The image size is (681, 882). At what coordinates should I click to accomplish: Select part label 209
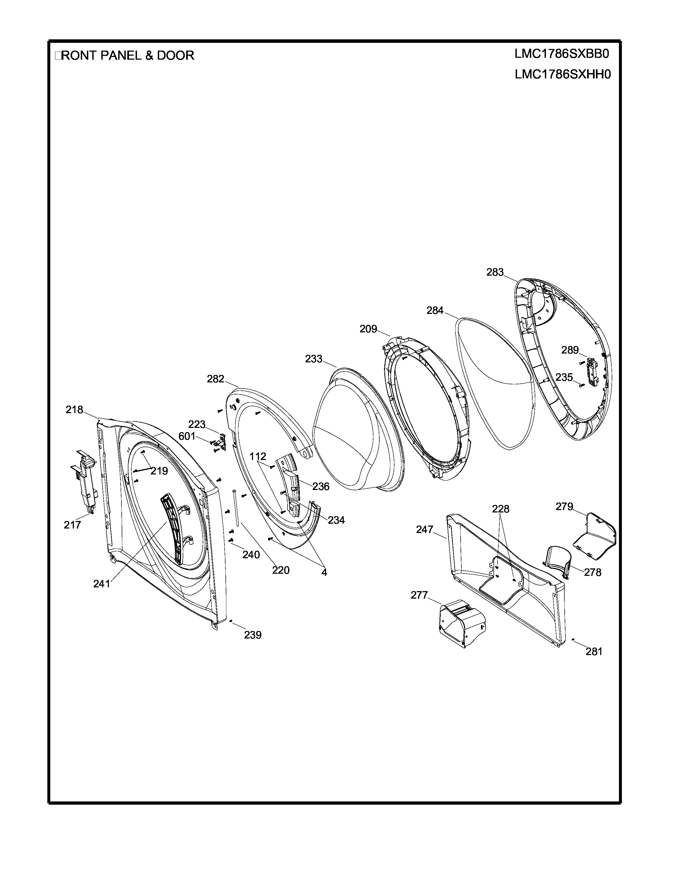click(368, 329)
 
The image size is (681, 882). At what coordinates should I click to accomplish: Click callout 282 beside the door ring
click(216, 379)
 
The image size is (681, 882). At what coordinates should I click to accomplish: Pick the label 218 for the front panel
click(74, 410)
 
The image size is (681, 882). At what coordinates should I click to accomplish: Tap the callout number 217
click(72, 525)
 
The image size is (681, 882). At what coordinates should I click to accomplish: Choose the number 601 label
click(187, 436)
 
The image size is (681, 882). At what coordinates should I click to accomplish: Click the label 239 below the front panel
click(253, 635)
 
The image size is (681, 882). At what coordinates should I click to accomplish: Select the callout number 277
click(419, 595)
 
